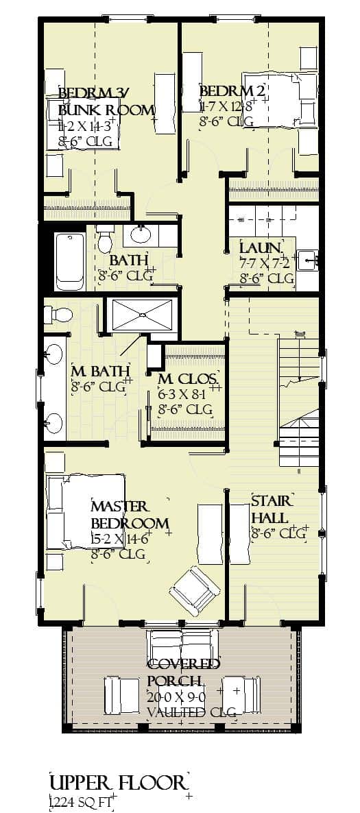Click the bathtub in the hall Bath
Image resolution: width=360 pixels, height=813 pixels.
[x=69, y=260]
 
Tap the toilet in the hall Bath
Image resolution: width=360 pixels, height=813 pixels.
[x=105, y=239]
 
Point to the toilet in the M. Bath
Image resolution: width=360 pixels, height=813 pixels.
[x=59, y=315]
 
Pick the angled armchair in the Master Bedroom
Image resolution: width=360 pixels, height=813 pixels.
[x=195, y=589]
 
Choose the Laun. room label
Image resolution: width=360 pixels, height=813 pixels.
[x=261, y=247]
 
